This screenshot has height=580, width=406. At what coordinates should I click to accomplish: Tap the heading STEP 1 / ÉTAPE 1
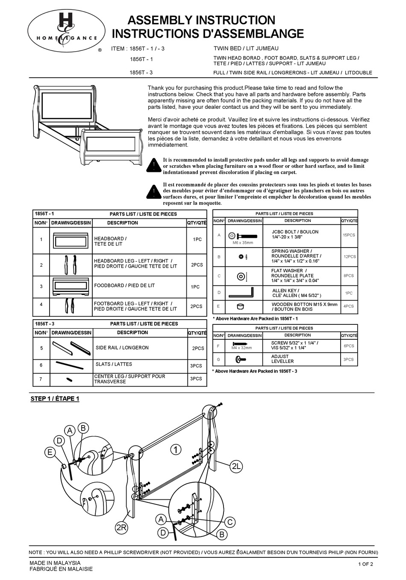click(55, 399)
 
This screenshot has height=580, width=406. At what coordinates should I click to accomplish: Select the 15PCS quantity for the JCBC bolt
click(349, 235)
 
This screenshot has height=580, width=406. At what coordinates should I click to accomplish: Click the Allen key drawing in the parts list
click(241, 294)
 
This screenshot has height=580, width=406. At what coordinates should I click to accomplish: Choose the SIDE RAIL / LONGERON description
click(122, 348)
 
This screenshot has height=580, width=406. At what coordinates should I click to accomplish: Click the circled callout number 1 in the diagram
click(175, 449)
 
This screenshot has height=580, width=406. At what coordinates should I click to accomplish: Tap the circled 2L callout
click(236, 466)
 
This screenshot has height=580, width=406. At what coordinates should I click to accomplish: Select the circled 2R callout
click(121, 528)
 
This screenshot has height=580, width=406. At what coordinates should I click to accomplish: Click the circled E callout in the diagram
click(50, 452)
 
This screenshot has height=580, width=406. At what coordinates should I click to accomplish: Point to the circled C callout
click(229, 522)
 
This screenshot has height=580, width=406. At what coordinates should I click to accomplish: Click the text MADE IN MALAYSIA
click(55, 563)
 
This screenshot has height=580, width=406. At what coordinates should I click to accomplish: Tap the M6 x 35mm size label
click(242, 242)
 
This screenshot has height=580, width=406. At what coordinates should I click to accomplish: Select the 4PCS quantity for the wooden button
click(349, 306)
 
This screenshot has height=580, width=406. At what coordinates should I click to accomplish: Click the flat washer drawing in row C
click(242, 276)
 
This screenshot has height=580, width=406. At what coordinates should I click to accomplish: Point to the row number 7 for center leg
click(41, 379)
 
